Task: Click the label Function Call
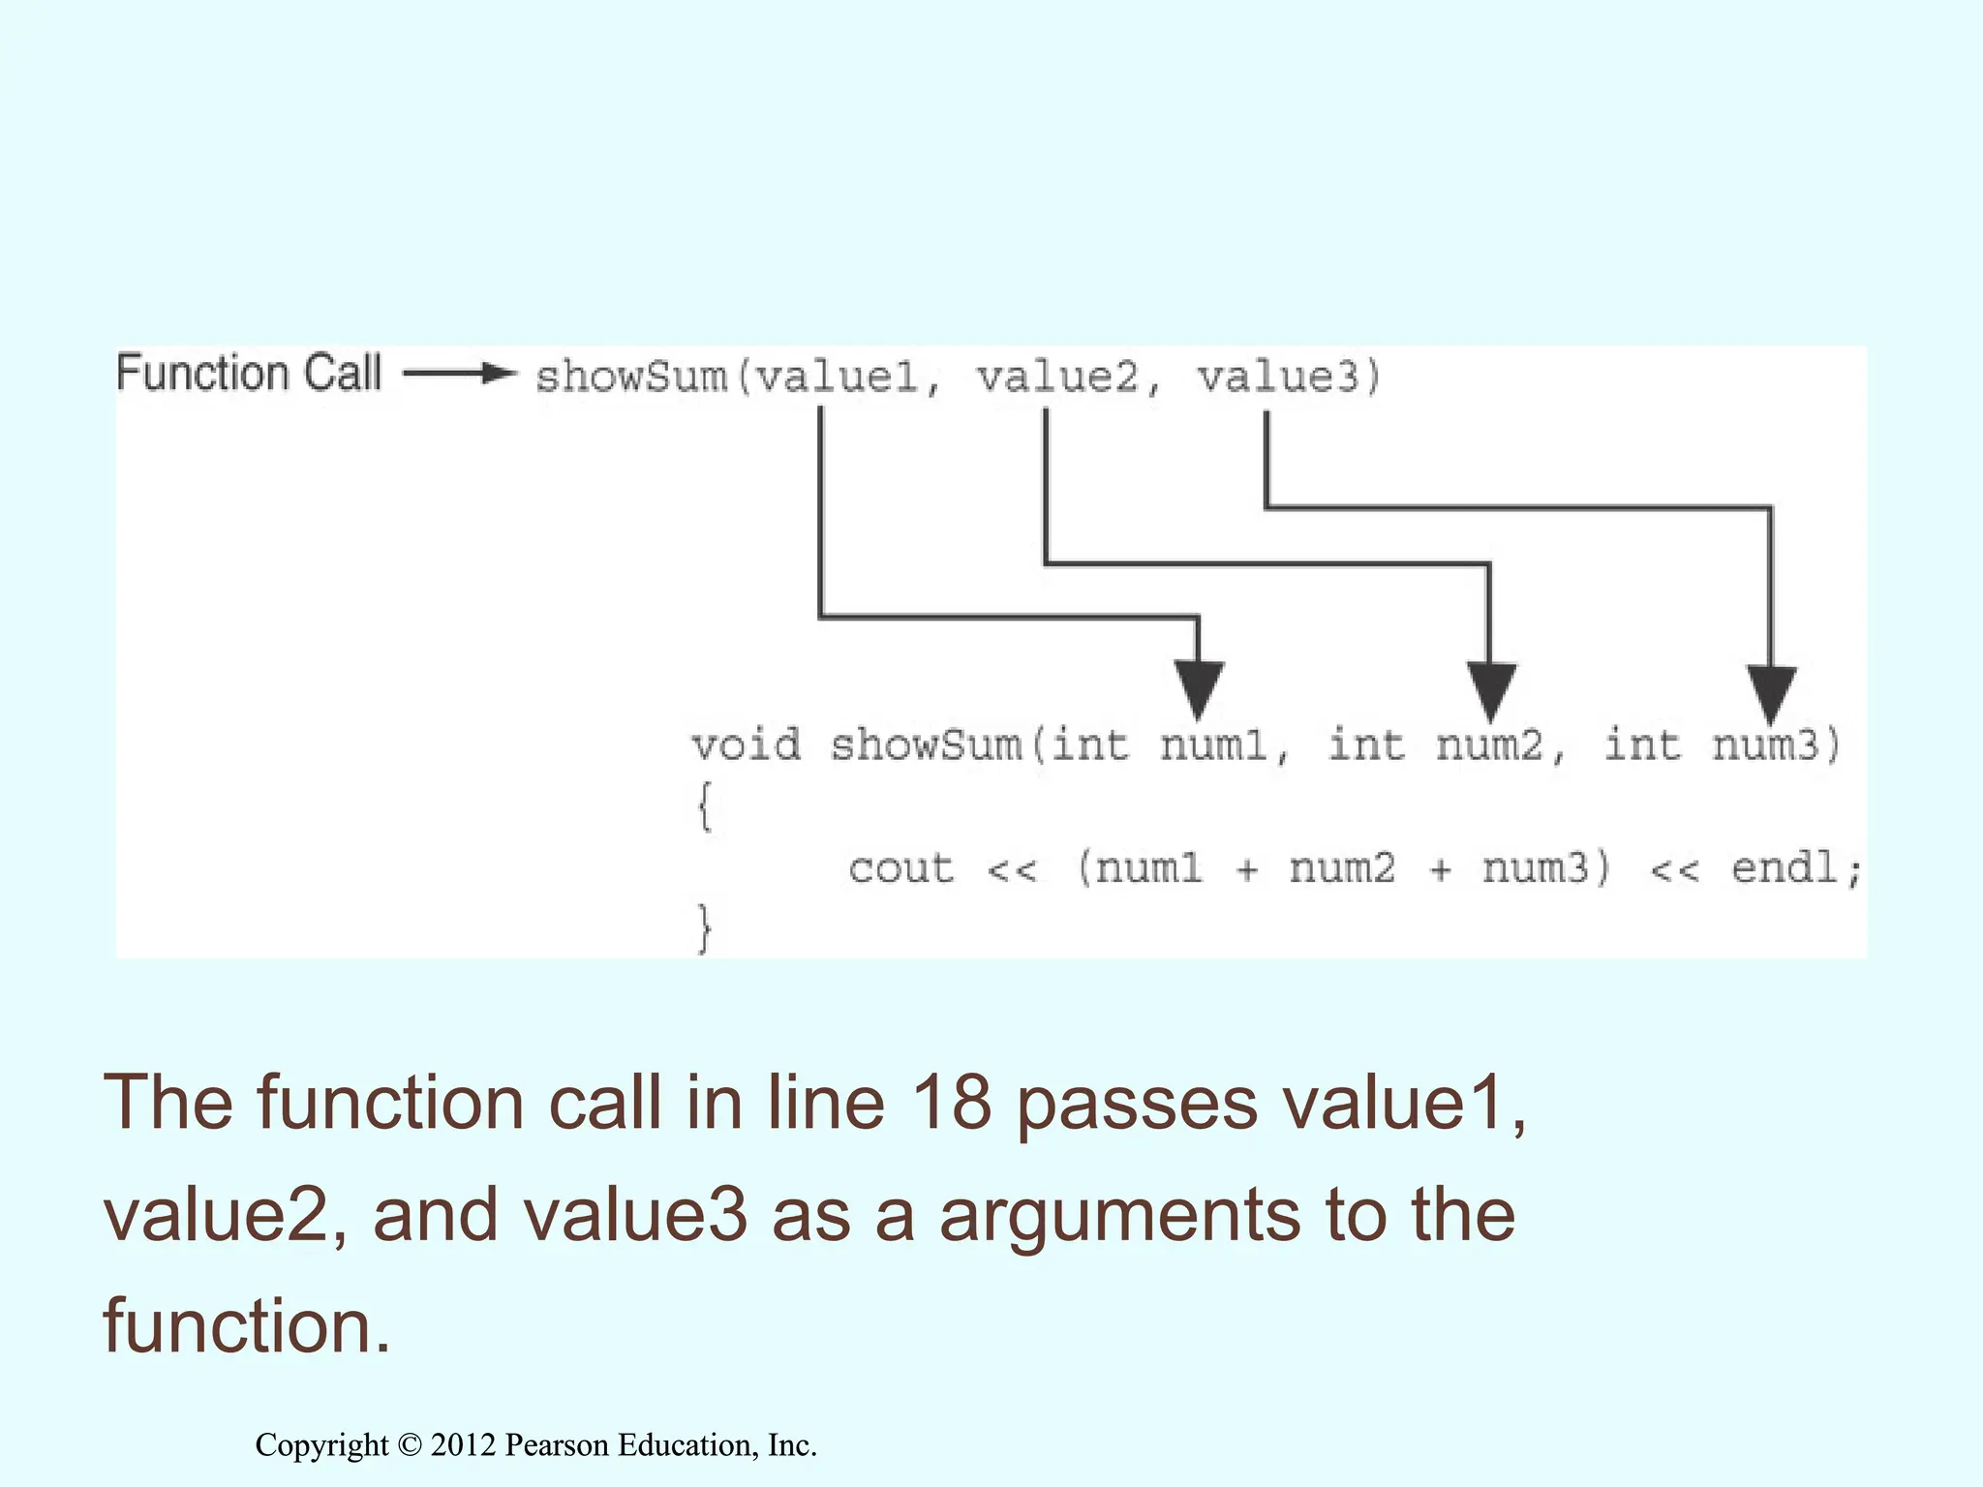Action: [x=249, y=374]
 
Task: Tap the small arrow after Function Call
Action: [x=460, y=374]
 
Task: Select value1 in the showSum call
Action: [x=837, y=378]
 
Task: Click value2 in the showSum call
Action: [x=1057, y=378]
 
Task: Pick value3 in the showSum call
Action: [x=1278, y=378]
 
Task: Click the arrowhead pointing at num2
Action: [x=1491, y=689]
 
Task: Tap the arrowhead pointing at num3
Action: [x=1771, y=692]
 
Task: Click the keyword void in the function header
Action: [x=746, y=745]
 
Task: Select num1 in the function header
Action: [x=1214, y=745]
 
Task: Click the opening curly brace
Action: [x=705, y=805]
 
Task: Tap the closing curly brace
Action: [x=705, y=927]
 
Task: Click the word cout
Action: [x=900, y=868]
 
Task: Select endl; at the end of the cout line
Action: [x=1795, y=868]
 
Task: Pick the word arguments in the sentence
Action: [x=1119, y=1215]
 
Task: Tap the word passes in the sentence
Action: [x=1137, y=1103]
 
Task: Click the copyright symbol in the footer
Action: [x=410, y=1445]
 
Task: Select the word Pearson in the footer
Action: [x=558, y=1445]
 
